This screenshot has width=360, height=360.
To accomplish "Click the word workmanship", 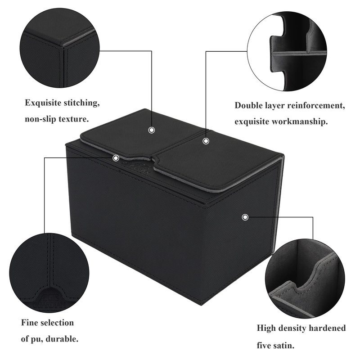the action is coord(300,121).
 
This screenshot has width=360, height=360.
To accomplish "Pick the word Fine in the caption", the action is coord(29,323).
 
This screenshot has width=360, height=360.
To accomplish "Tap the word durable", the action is coord(62,339).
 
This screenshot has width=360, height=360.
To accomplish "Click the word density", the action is coord(291,328).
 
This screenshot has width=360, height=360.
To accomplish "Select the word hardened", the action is coord(327,328).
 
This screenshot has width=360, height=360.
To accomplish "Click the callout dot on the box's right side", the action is coord(245,217).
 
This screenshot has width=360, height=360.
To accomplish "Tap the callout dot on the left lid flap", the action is coord(152,130).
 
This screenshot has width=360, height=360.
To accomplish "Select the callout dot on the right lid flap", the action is coord(206,141).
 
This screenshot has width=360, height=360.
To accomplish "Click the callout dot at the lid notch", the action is coord(116,158).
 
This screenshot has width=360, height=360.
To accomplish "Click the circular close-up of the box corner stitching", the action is coord(60,48).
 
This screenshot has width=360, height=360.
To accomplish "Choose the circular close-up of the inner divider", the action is coord(287,51).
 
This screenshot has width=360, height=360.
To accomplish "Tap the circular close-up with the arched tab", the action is coord(49,274).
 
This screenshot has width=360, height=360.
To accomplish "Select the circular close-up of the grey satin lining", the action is coord(305,279).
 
